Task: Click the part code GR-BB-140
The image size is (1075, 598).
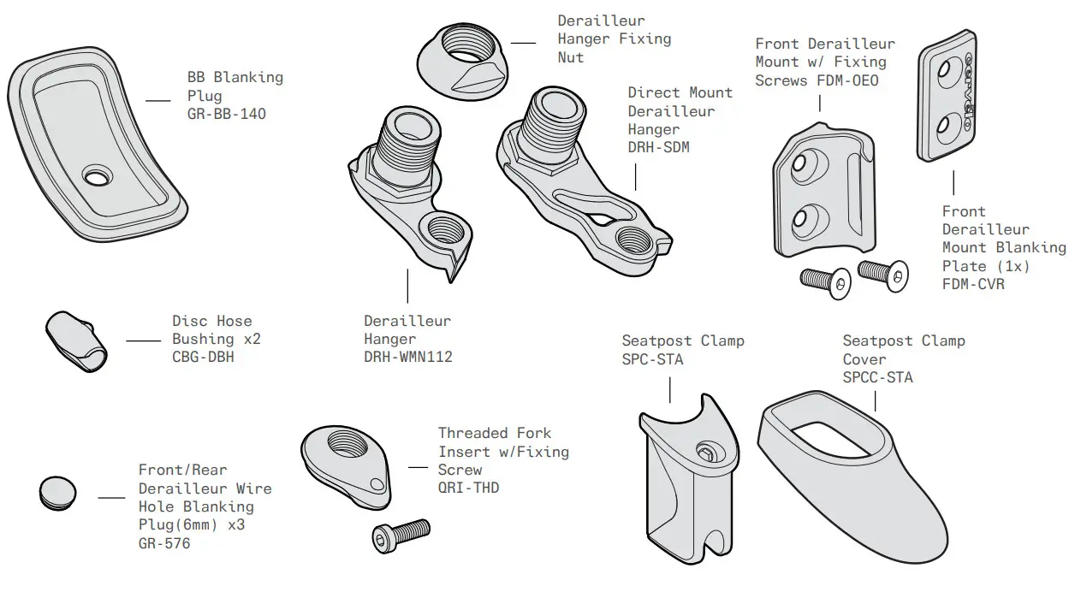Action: pos(226,114)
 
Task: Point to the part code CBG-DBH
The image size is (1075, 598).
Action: pos(203,358)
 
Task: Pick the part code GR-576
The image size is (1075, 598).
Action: pos(164,542)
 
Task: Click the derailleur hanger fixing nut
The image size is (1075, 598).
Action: pos(465,58)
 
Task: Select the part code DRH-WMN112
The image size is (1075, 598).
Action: pos(407,357)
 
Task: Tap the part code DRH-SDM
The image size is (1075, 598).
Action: pos(658,148)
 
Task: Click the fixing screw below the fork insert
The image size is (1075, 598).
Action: pos(401,535)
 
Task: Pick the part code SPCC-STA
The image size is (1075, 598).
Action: pos(877,377)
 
